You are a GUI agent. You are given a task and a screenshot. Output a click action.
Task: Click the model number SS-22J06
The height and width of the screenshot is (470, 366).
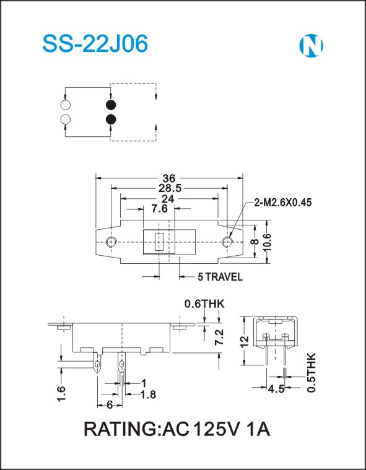95,44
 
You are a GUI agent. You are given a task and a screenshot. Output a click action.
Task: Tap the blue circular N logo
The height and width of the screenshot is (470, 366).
311,46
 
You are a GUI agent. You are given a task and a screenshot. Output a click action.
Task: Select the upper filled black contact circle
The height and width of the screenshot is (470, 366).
111,105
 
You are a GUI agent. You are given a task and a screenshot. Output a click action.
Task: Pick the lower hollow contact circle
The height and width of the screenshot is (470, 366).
66,120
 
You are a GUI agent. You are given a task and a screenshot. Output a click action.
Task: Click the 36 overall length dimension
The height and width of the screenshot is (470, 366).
169,178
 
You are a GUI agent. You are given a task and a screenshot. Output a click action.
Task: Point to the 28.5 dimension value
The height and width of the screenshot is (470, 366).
170,188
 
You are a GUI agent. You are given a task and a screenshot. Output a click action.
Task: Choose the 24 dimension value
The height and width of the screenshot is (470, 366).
168,199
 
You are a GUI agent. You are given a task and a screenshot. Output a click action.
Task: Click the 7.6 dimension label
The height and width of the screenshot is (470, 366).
159,209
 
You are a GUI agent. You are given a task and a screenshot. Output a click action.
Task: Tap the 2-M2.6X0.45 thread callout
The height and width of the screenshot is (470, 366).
282,203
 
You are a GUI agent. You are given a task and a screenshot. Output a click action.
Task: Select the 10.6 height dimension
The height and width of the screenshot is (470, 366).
267,242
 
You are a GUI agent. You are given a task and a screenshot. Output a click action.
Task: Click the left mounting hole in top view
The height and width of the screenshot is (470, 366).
111,242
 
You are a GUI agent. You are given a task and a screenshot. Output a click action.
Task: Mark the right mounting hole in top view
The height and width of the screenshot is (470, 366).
227,242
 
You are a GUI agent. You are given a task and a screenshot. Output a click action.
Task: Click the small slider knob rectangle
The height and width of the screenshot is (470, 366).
159,242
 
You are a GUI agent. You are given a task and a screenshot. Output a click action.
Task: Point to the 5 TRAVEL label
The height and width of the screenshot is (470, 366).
220,277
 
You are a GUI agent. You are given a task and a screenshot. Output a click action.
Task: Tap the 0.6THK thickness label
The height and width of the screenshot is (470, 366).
204,304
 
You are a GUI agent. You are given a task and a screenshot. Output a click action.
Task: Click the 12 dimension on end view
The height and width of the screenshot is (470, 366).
244,341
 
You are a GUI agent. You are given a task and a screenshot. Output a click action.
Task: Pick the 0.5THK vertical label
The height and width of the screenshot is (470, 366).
312,373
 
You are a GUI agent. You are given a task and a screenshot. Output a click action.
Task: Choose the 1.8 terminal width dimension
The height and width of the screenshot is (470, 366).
149,394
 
